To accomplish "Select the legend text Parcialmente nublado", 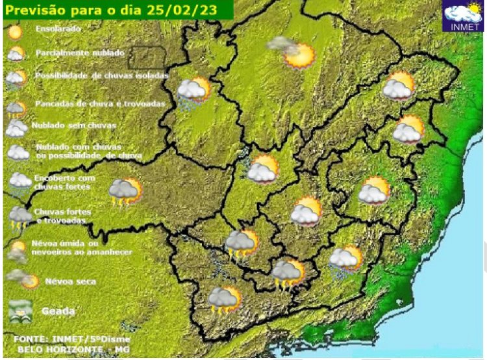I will click(x=81, y=52).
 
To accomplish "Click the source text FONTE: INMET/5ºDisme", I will click(x=71, y=339).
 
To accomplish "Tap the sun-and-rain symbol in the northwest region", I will click(x=194, y=93).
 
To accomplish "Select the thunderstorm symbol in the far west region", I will click(x=125, y=191).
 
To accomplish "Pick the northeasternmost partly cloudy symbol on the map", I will click(x=399, y=86).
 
